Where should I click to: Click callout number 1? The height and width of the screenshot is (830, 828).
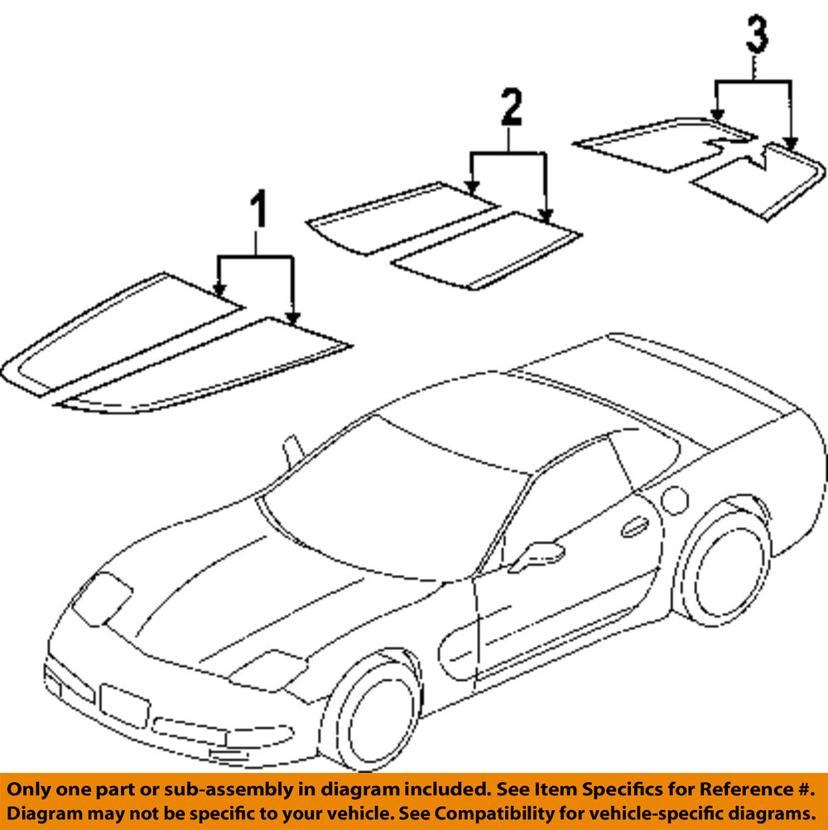259,210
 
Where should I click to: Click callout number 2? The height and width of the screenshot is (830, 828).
511,109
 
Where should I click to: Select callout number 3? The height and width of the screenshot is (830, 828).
756,35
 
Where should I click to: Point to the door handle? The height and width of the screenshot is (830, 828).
635,526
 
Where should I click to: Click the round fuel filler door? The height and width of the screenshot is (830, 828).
675,500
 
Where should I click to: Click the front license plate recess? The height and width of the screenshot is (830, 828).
123,704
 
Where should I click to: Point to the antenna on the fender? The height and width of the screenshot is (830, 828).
291,452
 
